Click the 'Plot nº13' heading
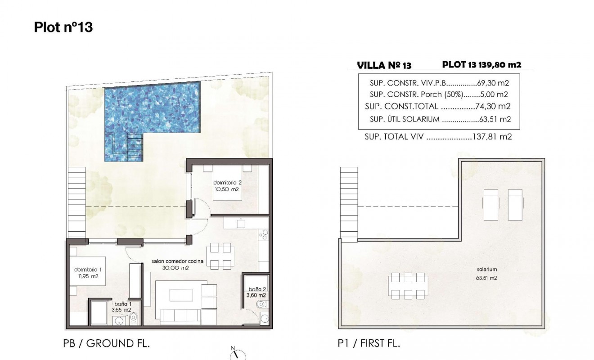[x=63, y=27]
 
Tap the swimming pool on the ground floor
[x=153, y=110]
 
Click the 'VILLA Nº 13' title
[x=384, y=66]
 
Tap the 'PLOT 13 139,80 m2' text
[x=481, y=65]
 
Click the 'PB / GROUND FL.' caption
[x=107, y=344]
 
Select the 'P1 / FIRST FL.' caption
[x=369, y=344]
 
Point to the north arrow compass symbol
[x=234, y=354]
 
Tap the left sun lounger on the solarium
[x=490, y=205]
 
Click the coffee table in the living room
[x=182, y=295]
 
